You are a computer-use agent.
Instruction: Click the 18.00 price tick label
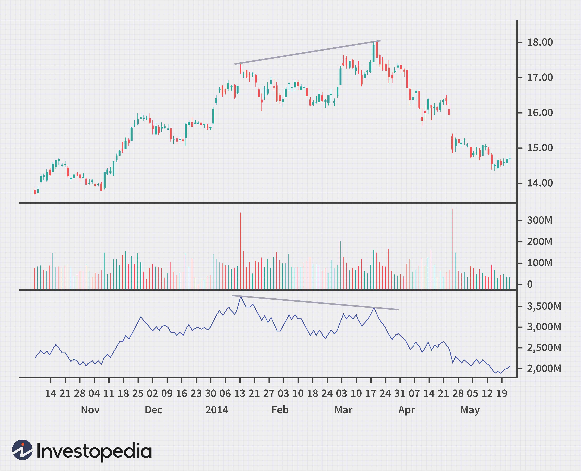(540, 42)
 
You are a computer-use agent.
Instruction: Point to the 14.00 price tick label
(540, 183)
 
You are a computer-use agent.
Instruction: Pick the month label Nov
(90, 410)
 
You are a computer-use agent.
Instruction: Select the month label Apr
(407, 410)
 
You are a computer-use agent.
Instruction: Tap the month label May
(470, 410)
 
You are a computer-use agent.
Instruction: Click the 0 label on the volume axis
(530, 285)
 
